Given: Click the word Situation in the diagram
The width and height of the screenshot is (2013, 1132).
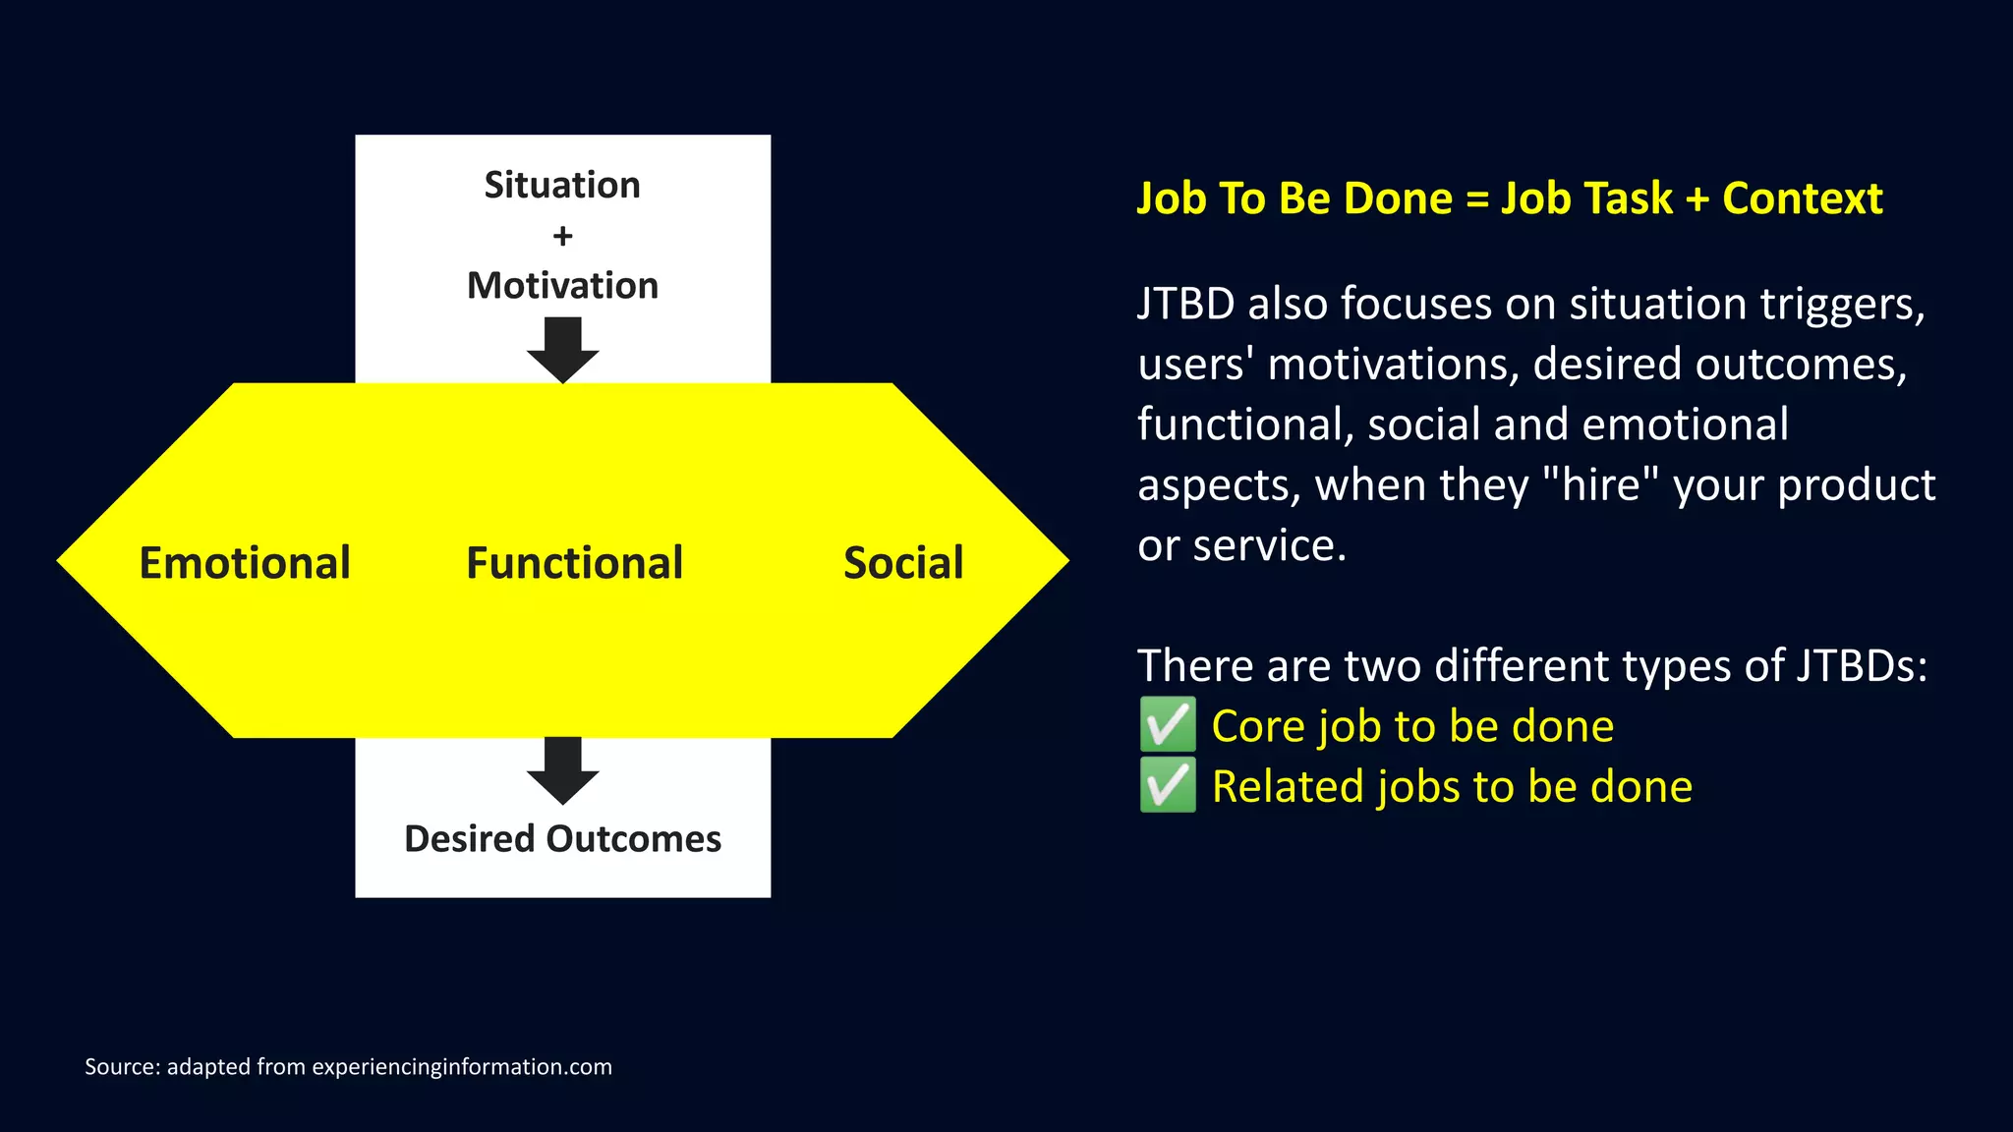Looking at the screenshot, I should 562,185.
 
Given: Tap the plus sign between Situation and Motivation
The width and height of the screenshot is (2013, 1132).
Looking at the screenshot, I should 562,236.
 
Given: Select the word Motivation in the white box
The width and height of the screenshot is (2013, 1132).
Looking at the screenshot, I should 562,286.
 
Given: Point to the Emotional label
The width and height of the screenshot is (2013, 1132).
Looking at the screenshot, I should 245,563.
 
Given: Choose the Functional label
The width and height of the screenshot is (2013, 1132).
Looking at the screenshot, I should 574,563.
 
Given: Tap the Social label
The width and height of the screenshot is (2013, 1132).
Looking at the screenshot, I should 903,563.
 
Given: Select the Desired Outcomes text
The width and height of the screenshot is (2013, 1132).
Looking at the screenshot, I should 562,839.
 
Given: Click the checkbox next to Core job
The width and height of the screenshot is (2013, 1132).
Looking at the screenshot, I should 1168,725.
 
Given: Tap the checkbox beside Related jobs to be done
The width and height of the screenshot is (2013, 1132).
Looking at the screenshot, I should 1168,786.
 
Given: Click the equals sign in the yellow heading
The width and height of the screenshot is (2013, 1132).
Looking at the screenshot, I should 1476,199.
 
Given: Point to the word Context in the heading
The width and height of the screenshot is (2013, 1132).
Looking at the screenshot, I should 1802,198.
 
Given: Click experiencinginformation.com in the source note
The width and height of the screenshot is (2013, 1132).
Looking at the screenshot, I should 462,1067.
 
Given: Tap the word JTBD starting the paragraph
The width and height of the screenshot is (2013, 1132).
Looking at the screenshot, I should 1185,305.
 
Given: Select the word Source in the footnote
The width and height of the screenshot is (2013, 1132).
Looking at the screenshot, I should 122,1067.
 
